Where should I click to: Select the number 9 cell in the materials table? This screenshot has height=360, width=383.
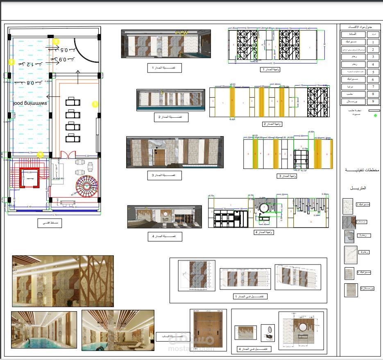[373, 101]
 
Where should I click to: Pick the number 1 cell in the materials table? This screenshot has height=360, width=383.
[373, 42]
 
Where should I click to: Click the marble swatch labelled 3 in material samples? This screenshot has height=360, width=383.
[349, 237]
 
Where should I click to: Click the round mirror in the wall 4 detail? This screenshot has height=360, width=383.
[303, 327]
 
